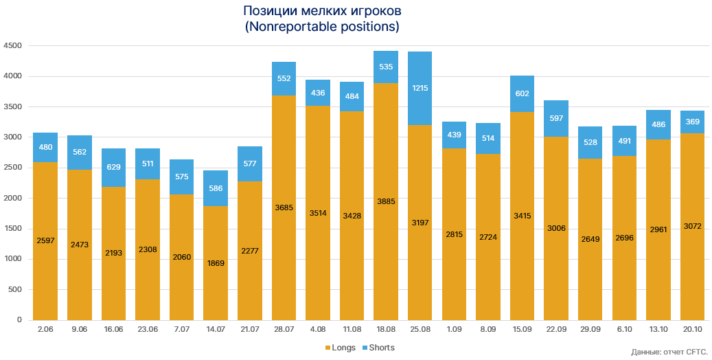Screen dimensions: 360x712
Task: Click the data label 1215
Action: pos(420,88)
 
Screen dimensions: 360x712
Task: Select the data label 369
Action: pos(693,122)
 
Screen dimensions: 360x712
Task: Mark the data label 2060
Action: pos(181,257)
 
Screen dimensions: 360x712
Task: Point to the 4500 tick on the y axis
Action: pos(13,46)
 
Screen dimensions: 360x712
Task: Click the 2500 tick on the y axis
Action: pos(13,168)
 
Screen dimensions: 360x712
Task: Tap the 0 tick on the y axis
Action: pos(19,320)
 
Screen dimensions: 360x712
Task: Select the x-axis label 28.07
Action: pos(284,330)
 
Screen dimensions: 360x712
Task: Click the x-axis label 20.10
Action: pos(693,330)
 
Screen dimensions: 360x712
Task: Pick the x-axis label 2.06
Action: pos(45,330)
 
